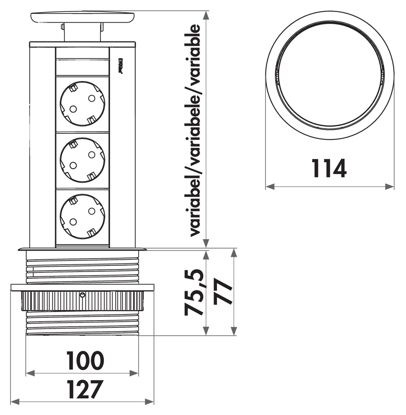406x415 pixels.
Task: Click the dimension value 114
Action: click(329, 169)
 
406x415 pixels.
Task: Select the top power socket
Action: click(82, 103)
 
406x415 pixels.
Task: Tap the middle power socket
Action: click(82, 160)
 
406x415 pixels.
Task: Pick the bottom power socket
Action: click(82, 216)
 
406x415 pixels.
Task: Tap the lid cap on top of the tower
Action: click(82, 17)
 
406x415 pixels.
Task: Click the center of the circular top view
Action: click(330, 75)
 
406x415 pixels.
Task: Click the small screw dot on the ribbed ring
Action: click(83, 295)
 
